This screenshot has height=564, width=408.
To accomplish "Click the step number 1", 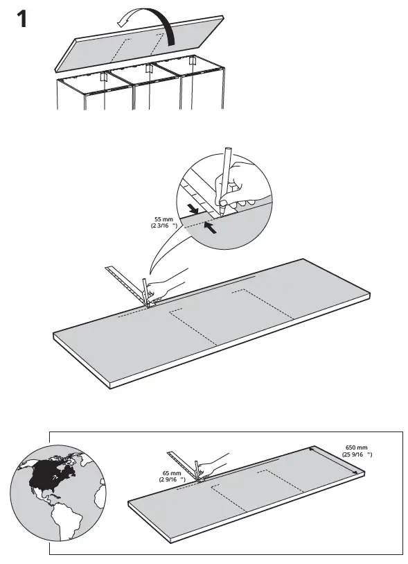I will click(x=21, y=19).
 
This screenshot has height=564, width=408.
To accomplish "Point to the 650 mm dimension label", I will click(x=357, y=451).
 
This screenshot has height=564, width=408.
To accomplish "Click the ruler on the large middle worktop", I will click(x=130, y=284).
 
